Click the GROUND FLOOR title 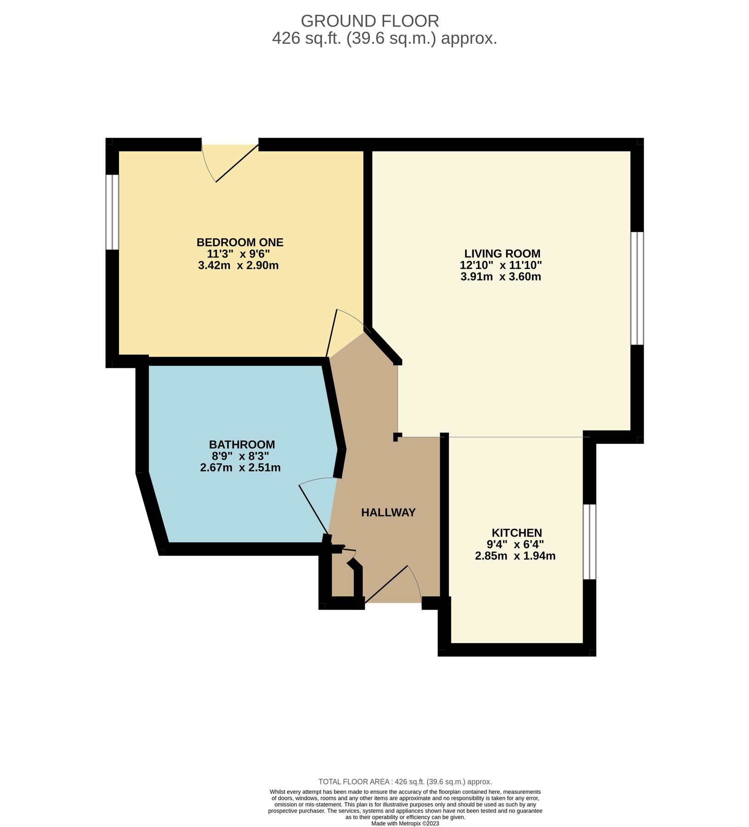369,21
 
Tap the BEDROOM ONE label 239,242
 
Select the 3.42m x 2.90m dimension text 238,266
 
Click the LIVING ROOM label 502,254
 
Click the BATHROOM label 242,444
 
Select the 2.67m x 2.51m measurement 240,468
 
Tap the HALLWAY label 388,512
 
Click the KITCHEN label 516,532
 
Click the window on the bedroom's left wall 112,212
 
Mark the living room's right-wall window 637,288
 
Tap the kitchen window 589,542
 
